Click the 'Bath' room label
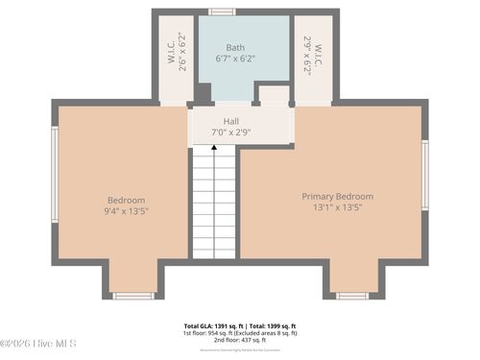[235, 47]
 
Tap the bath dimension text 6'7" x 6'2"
[235, 59]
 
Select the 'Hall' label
[231, 121]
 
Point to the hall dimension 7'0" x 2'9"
[231, 132]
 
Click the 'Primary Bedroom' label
[337, 196]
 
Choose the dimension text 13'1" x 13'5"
[337, 208]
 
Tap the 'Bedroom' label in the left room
[126, 200]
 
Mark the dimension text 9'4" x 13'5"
[126, 211]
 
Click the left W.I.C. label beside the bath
[170, 59]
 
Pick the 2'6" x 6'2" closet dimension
[182, 59]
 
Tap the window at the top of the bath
[223, 12]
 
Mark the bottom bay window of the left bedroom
[133, 296]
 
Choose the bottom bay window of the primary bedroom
[351, 296]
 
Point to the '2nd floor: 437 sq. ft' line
[240, 341]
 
